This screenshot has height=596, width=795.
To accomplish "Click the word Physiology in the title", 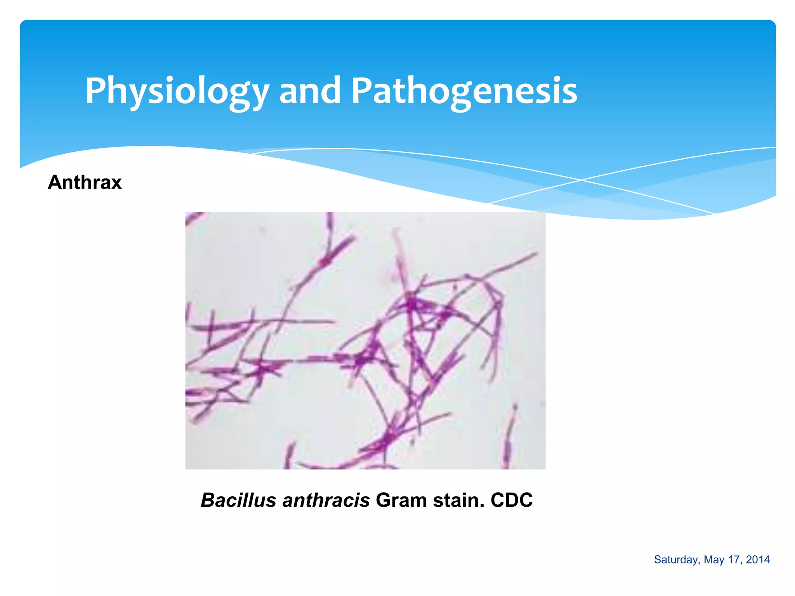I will click(x=177, y=91).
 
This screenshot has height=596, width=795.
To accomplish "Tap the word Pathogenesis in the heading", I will click(x=464, y=91).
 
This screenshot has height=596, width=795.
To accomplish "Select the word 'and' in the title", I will click(x=309, y=91).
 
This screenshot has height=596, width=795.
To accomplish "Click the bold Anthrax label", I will click(x=85, y=182).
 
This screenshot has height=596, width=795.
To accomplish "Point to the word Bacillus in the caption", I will click(x=238, y=500).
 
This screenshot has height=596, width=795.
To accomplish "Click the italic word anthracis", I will click(x=326, y=500).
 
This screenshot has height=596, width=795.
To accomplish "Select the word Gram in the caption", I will click(x=401, y=500).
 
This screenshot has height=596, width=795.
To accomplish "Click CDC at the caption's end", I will click(x=511, y=500).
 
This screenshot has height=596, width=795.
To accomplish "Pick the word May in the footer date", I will click(x=713, y=560).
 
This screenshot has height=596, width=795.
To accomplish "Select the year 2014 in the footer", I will click(x=758, y=560).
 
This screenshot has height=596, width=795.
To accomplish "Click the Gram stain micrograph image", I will click(x=365, y=340).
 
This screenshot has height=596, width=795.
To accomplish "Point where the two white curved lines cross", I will click(x=581, y=180).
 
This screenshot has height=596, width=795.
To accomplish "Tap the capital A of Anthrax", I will click(x=55, y=182).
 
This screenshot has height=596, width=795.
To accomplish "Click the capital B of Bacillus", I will click(x=208, y=500).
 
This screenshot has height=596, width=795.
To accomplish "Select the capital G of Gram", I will click(x=384, y=500).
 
